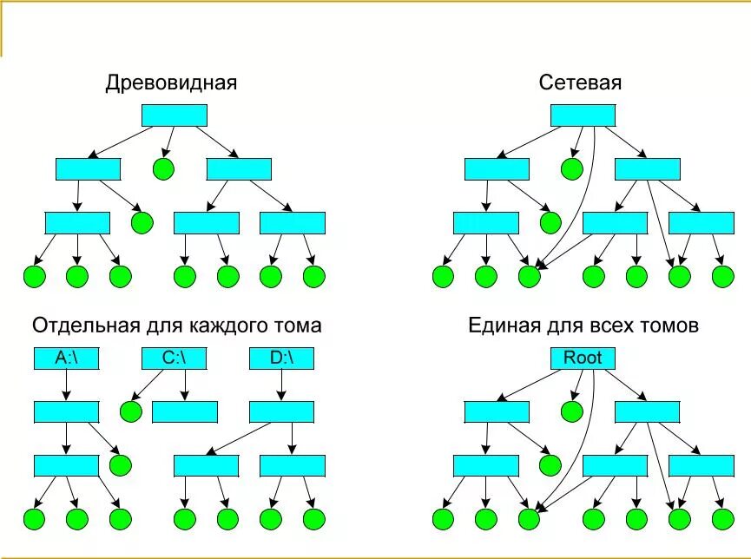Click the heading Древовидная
point(172,83)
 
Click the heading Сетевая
point(581,83)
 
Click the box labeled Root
point(583,358)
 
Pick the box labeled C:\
point(174,358)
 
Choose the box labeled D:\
point(280,358)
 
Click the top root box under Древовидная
point(174,115)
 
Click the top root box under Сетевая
point(583,115)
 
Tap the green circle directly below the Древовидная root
point(163,168)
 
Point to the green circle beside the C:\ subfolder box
point(131,411)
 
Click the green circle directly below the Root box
point(571,411)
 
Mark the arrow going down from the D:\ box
point(280,385)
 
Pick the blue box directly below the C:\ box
point(184,411)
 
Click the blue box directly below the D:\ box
point(280,411)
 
